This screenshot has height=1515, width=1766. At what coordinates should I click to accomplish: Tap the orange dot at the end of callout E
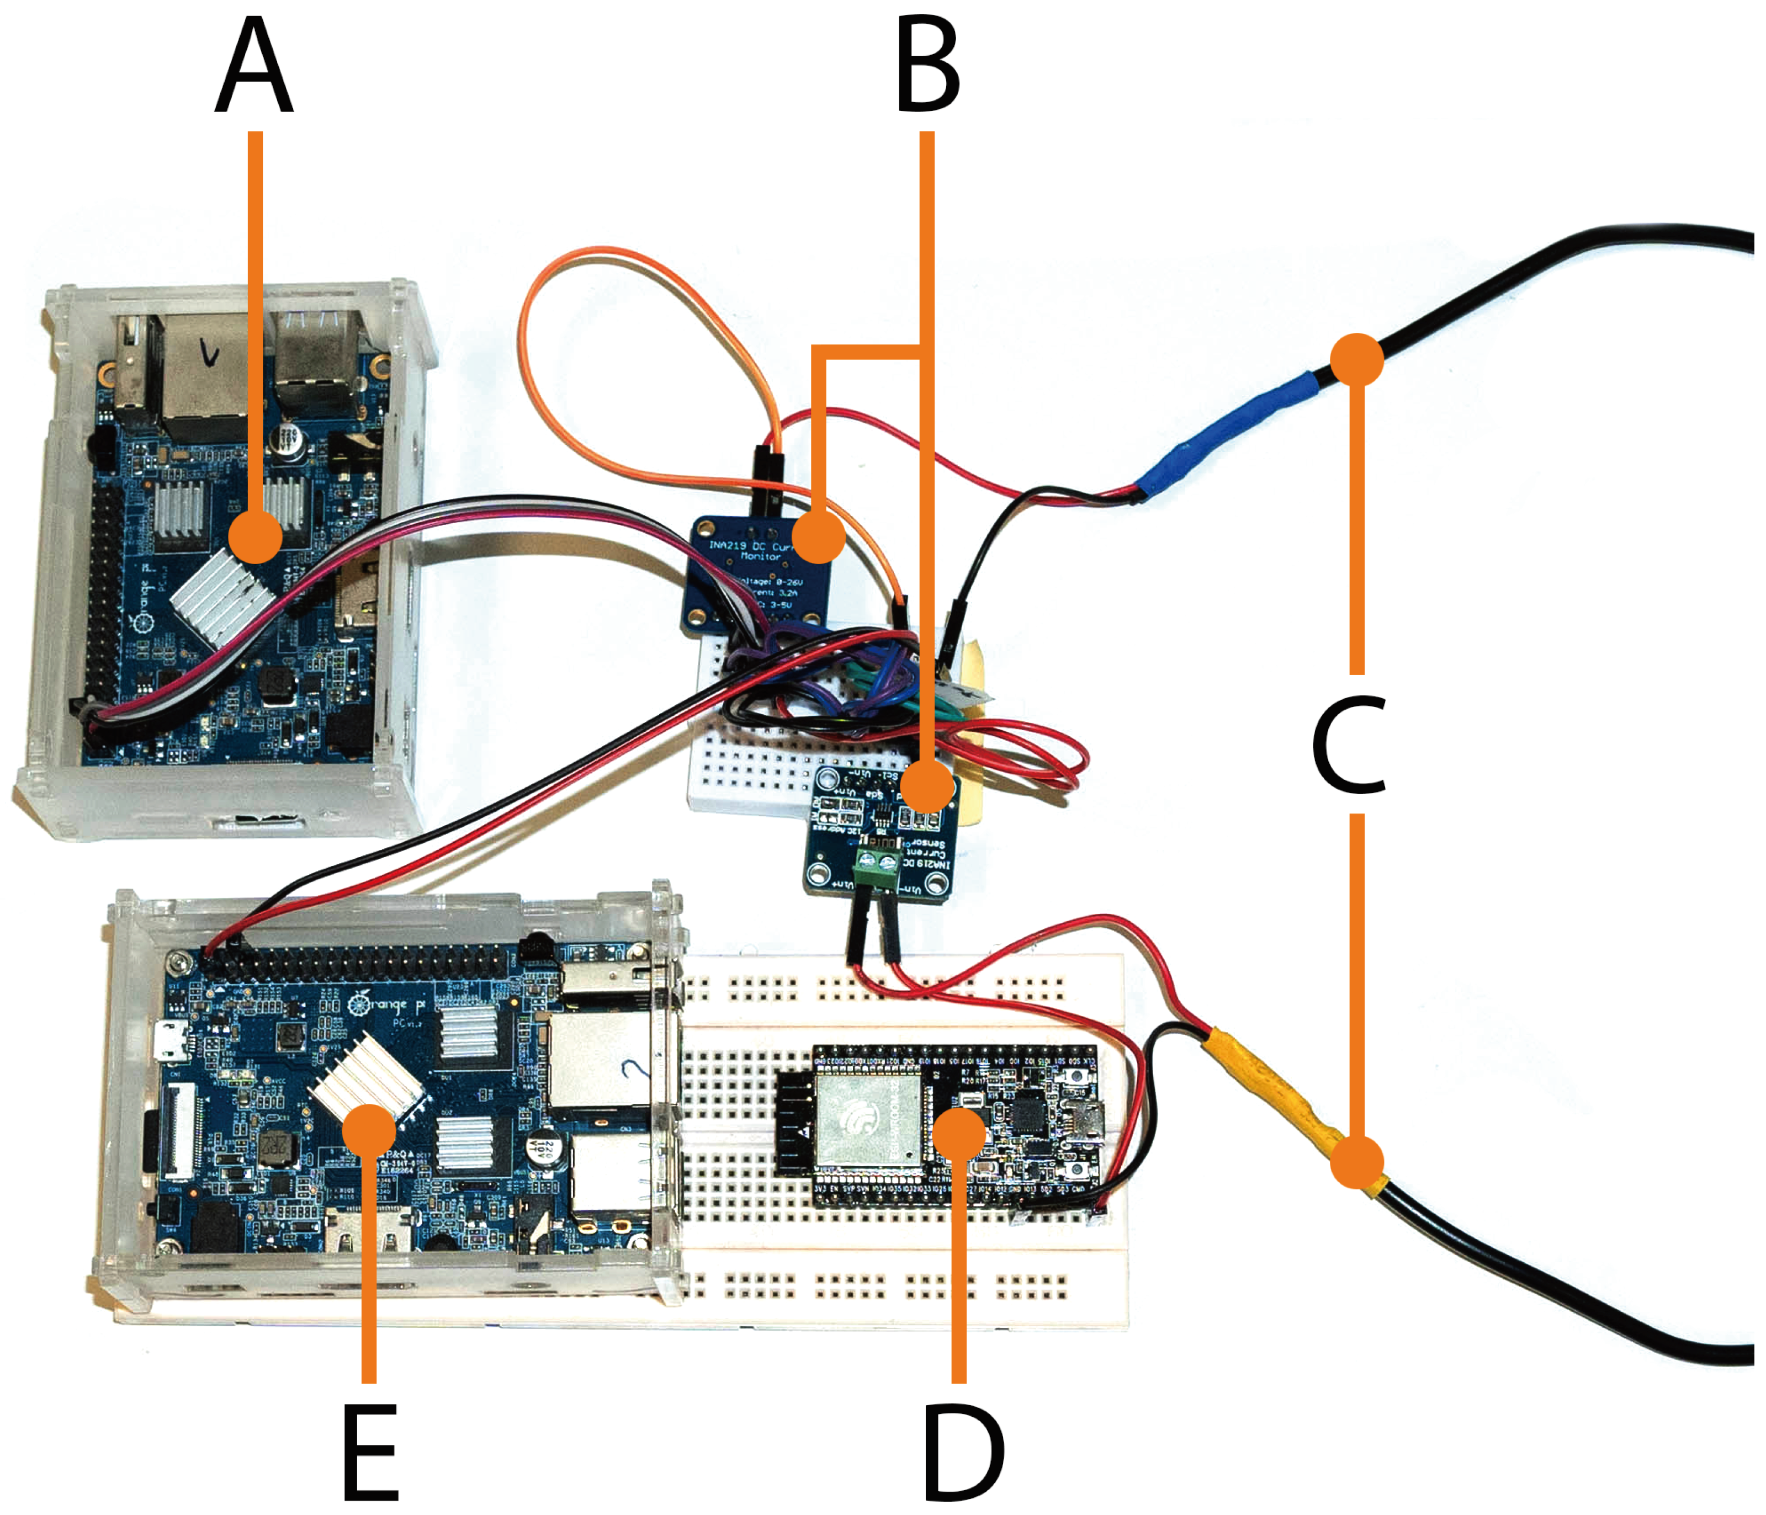click(369, 1130)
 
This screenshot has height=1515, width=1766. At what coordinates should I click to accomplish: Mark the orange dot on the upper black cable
click(1356, 360)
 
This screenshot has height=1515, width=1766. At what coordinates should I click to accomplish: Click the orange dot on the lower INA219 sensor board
click(927, 785)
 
